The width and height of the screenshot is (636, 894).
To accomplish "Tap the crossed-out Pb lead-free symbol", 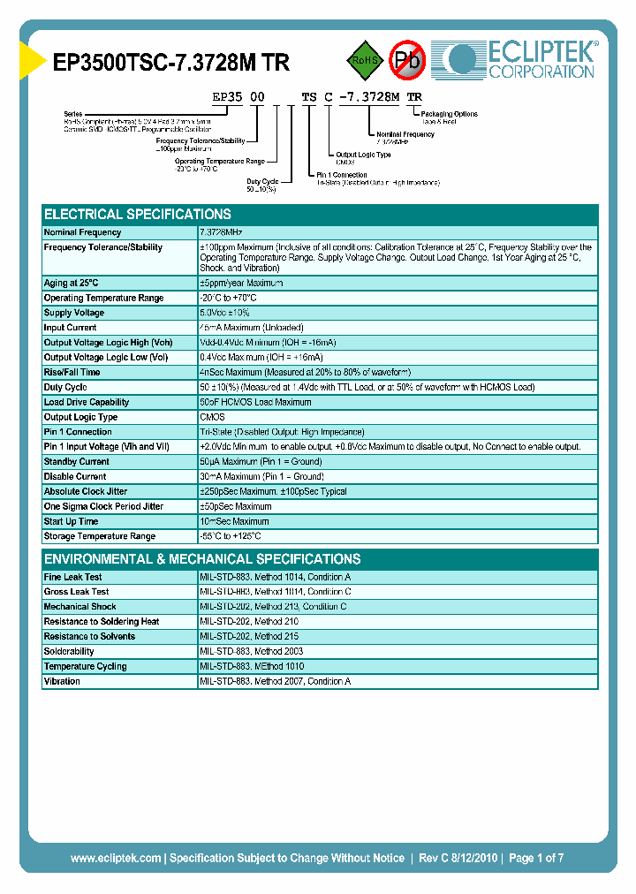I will coord(408,61).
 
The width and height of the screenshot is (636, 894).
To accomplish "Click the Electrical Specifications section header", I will coord(138,214).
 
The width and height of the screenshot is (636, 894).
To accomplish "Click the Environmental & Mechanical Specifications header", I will coord(202,559).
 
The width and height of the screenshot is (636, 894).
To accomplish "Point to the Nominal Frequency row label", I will coord(83,232).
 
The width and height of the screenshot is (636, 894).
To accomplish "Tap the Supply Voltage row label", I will coord(74,313).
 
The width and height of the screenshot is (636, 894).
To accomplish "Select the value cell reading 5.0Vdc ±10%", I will coord(225,313).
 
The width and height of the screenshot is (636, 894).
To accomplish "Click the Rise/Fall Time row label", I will coord(72,372).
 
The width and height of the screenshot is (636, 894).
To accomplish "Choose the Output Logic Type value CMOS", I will coord(212,417).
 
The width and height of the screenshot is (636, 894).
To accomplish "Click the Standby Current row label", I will coord(77,462).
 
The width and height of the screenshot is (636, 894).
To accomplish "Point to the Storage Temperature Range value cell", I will coord(231,536).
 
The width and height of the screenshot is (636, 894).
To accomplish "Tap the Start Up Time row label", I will coord(72,521).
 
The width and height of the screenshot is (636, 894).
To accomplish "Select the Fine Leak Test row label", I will coord(73,577).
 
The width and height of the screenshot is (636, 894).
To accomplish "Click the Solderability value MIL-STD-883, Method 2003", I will coord(251,651).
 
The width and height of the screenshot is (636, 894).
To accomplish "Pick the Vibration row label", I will coord(62,681).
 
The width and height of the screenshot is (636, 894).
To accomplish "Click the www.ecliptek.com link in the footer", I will coord(116,858).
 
